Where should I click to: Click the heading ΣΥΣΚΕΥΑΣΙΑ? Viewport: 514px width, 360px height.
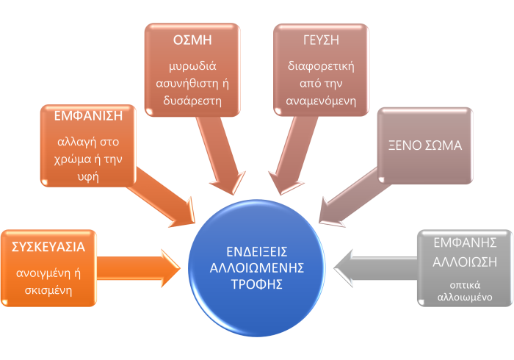[x=48, y=247]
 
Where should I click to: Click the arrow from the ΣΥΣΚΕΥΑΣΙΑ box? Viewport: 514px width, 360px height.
[x=140, y=267]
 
